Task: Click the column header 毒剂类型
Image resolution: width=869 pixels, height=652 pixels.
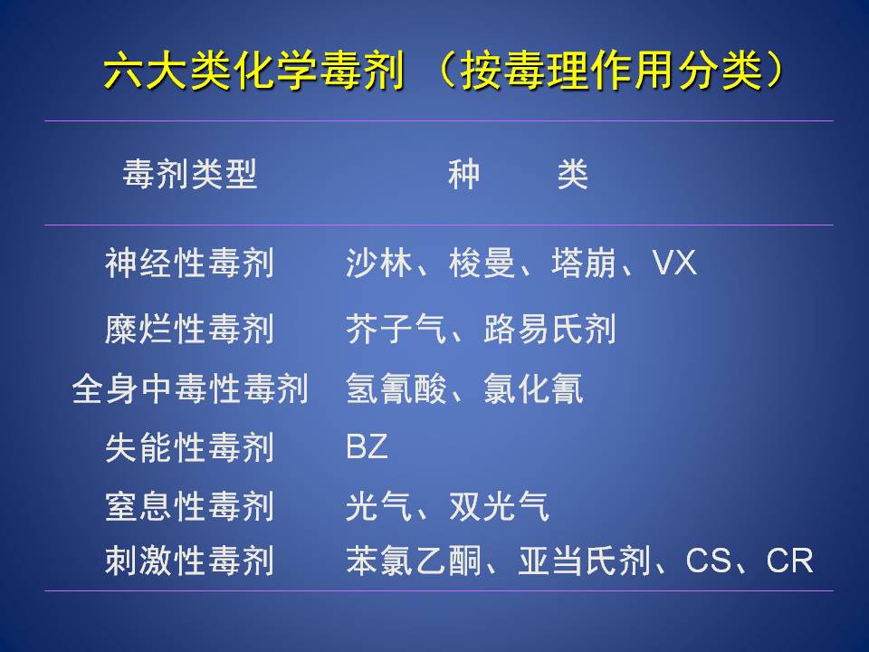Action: click(189, 174)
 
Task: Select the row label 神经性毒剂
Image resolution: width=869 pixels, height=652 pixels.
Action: click(189, 263)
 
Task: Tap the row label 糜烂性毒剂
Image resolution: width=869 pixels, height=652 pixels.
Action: click(189, 330)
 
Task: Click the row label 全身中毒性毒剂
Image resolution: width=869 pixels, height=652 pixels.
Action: click(189, 388)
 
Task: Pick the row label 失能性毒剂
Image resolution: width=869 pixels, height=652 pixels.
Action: click(189, 447)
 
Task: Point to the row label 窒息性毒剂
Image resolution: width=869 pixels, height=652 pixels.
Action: click(189, 506)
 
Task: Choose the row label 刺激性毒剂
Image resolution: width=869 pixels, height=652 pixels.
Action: click(189, 561)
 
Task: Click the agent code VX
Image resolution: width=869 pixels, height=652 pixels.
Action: click(673, 263)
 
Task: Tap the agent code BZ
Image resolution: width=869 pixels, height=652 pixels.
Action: click(367, 446)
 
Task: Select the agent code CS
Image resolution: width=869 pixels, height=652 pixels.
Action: click(708, 561)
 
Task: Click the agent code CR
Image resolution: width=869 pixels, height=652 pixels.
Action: click(789, 561)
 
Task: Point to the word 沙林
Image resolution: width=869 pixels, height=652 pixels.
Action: click(379, 263)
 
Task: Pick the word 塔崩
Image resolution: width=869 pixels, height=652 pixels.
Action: click(584, 263)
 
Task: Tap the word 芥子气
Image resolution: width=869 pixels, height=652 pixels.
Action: click(396, 330)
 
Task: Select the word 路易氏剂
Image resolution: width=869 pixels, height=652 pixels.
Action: click(549, 330)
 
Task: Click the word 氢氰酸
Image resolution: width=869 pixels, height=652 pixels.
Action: click(396, 388)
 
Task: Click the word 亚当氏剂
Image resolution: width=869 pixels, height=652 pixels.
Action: click(585, 561)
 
